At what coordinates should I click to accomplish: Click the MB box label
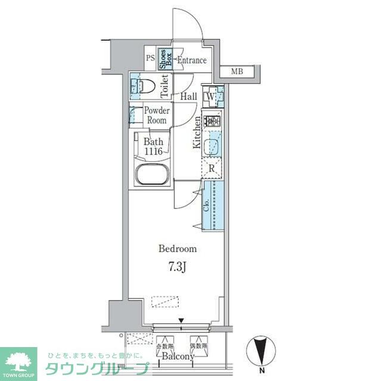tap(238, 72)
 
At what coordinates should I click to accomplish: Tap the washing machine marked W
tap(211, 96)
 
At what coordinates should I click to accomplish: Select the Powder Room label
tap(157, 115)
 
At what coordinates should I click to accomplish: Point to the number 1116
tap(157, 152)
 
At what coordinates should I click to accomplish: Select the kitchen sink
tap(212, 146)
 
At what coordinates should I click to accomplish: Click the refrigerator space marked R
tap(212, 168)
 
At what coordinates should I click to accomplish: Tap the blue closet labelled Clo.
tap(213, 205)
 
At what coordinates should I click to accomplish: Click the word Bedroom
tap(177, 248)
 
